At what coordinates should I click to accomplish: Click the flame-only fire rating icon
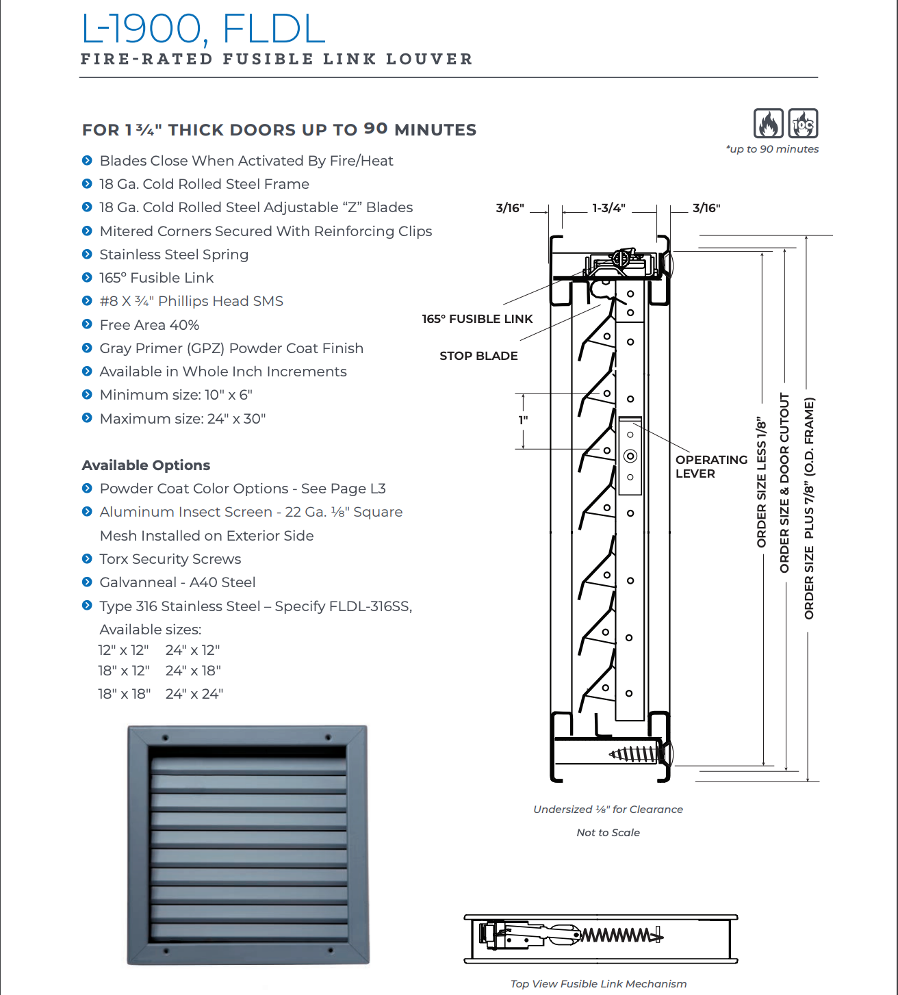click(x=768, y=124)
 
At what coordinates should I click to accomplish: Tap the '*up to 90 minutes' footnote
click(x=772, y=149)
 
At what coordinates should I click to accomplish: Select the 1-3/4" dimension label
click(x=608, y=208)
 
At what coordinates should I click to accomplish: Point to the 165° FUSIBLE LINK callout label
click(x=477, y=319)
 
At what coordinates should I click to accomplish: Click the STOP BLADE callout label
click(x=478, y=356)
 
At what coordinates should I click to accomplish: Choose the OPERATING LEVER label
click(x=710, y=467)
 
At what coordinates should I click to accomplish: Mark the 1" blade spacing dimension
click(x=524, y=420)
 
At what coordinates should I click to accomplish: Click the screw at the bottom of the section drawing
click(x=634, y=754)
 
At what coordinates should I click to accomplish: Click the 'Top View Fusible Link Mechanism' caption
click(x=598, y=984)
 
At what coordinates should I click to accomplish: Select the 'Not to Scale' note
click(x=608, y=833)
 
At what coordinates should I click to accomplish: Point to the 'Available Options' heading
click(x=146, y=465)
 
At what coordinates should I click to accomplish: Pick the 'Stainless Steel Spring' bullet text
click(x=174, y=255)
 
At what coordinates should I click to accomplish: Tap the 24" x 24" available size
click(x=194, y=694)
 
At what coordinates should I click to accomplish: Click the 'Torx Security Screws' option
click(x=170, y=559)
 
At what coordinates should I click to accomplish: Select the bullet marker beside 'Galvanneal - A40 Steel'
click(x=87, y=582)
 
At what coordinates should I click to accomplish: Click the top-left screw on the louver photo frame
click(x=165, y=738)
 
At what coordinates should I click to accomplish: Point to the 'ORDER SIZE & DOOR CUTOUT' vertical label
click(x=784, y=483)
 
